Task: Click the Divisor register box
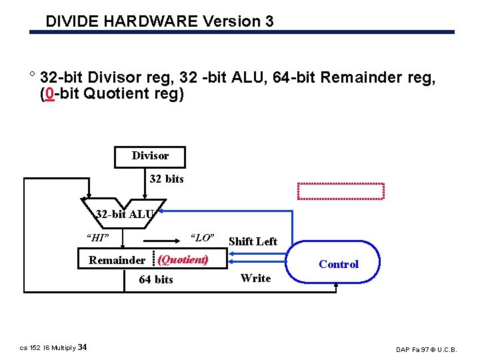click(150, 157)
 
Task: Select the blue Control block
click(337, 264)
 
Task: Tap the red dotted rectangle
click(341, 191)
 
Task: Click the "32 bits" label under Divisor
click(167, 179)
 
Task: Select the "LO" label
click(202, 237)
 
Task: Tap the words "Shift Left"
click(253, 241)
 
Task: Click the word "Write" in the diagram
click(256, 278)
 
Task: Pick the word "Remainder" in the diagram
click(117, 260)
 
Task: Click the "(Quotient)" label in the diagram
click(183, 259)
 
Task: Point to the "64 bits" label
click(155, 279)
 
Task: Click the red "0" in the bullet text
click(49, 93)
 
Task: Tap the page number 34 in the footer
click(82, 347)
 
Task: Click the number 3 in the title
click(269, 21)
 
